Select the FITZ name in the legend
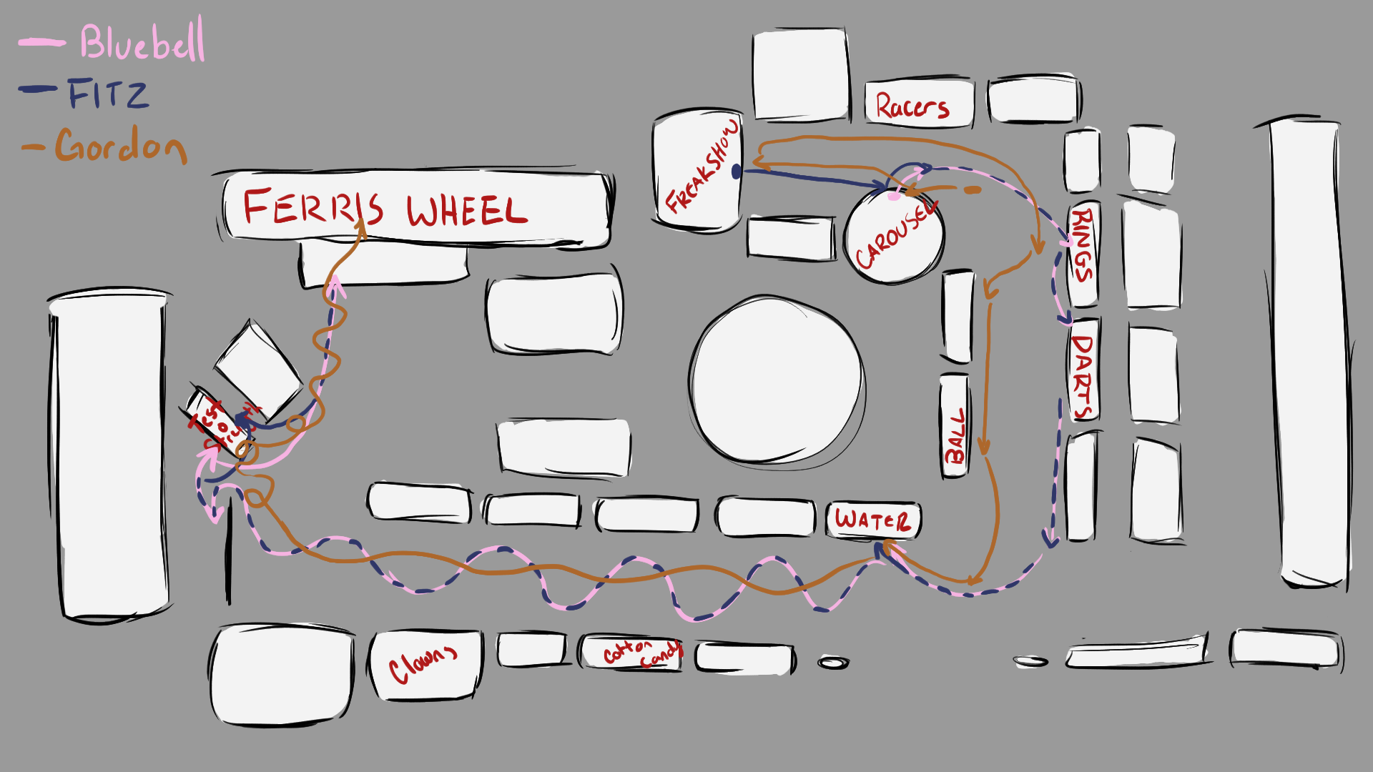tap(109, 94)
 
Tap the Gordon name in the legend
tap(121, 146)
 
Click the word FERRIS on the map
tap(313, 207)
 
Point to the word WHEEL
tap(466, 211)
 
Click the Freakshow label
tap(701, 167)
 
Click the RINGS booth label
tap(1082, 244)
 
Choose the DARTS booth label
tap(1083, 376)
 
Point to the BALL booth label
tap(955, 436)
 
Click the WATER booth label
tap(872, 520)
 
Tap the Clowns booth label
tap(422, 665)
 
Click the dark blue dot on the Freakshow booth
tap(737, 172)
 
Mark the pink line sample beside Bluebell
tap(41, 43)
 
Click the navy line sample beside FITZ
tap(39, 89)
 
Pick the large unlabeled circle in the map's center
tap(777, 380)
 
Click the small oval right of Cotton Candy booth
tap(833, 663)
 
